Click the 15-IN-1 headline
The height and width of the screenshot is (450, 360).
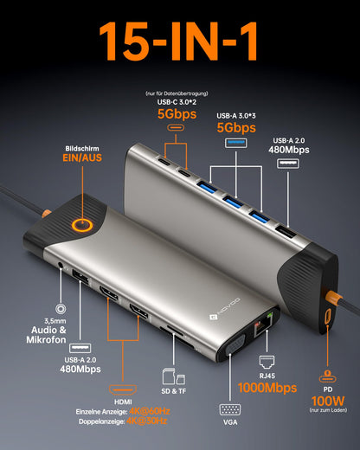[180, 40]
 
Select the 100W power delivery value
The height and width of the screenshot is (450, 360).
[327, 400]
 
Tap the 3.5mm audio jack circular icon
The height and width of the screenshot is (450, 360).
[61, 308]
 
